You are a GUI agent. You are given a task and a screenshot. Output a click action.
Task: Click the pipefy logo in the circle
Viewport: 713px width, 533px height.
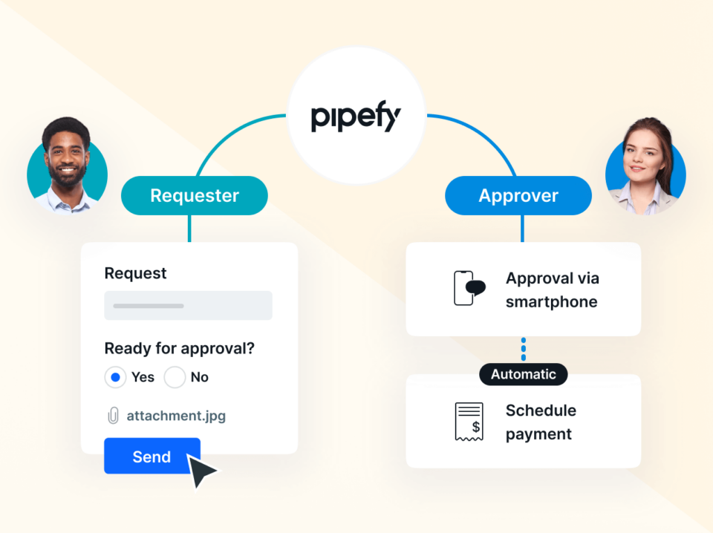[x=356, y=117]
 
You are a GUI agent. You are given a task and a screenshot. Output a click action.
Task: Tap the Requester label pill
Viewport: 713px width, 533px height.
[x=195, y=196]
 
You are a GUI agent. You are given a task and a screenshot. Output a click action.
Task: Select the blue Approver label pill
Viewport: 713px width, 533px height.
[x=518, y=196]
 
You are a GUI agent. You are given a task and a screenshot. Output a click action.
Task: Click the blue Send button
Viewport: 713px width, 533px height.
[x=152, y=457]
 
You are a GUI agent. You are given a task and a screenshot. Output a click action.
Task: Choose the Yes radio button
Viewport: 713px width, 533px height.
[x=115, y=377]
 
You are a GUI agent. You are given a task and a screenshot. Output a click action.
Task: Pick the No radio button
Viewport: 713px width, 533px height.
[x=175, y=377]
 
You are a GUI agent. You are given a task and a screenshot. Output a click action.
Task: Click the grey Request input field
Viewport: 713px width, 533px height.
[x=188, y=305]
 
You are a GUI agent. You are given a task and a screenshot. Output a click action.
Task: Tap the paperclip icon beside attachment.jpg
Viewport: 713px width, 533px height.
[x=113, y=416]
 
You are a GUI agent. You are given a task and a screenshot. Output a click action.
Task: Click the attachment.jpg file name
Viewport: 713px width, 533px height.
[x=176, y=416]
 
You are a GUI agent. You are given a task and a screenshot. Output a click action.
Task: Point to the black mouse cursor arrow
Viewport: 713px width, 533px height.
[x=202, y=471]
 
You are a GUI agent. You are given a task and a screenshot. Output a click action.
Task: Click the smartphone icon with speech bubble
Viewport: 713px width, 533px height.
[x=469, y=288]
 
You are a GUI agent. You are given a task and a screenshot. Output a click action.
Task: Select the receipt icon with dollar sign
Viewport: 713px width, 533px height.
[x=469, y=422]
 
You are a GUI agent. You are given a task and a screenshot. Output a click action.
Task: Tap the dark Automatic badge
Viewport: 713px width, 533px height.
[x=523, y=374]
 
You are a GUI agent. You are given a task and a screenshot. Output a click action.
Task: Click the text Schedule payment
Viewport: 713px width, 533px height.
[x=541, y=422]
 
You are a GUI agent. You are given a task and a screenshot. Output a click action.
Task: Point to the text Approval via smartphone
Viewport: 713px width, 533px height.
[x=552, y=290]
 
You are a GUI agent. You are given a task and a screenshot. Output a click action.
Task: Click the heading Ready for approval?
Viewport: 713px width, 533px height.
[x=184, y=348]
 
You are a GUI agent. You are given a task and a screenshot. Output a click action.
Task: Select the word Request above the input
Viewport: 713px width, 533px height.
[x=135, y=273]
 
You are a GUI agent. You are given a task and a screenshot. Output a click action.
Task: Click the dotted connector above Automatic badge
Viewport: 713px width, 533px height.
[x=524, y=349]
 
